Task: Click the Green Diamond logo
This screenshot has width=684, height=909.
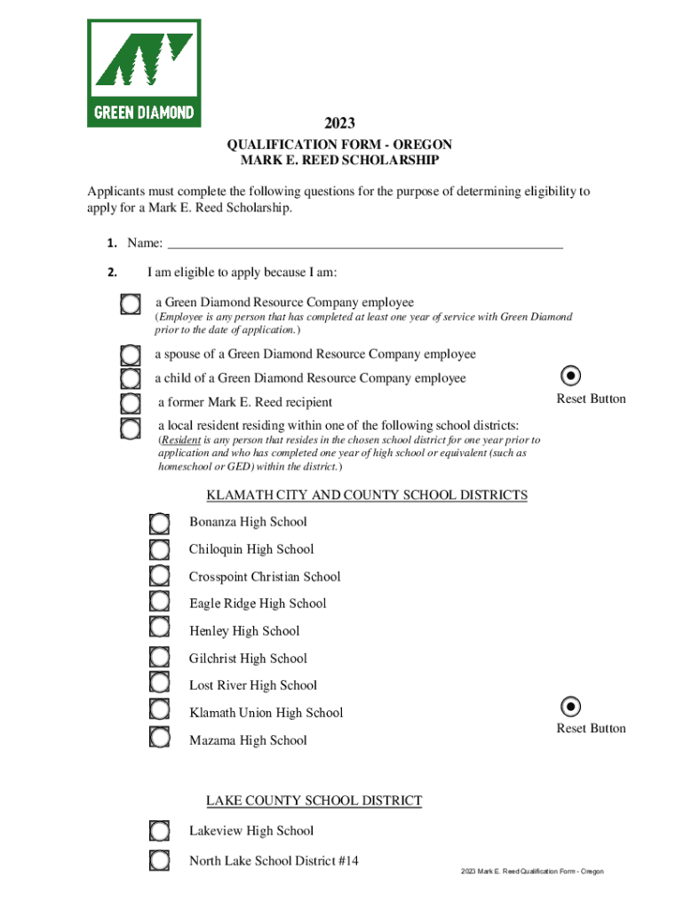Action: click(x=144, y=73)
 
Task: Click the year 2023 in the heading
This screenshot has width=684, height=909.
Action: click(x=341, y=124)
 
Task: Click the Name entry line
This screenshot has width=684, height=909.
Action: click(x=365, y=243)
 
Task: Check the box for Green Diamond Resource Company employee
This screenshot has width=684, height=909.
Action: click(x=131, y=304)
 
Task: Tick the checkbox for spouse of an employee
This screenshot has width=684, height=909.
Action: click(x=131, y=356)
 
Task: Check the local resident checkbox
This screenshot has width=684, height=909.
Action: click(x=131, y=429)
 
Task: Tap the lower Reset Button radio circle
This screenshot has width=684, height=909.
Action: click(x=573, y=706)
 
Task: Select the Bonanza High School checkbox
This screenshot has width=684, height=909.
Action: click(x=159, y=524)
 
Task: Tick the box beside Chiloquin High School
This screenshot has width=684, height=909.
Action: click(x=159, y=550)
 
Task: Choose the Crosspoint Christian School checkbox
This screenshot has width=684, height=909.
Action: click(x=159, y=578)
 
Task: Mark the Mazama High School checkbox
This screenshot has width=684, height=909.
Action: click(x=159, y=737)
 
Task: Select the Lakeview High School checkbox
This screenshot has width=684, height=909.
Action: click(x=159, y=831)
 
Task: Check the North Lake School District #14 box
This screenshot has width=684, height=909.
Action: click(x=159, y=860)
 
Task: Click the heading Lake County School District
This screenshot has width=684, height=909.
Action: click(x=314, y=802)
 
